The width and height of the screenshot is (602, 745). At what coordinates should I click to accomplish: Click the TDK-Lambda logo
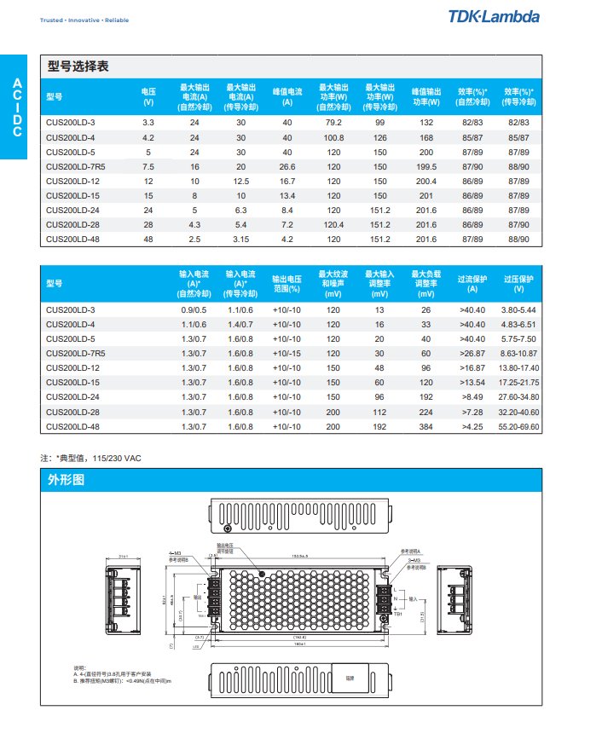tap(494, 16)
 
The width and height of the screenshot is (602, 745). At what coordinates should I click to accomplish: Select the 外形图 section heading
tap(66, 480)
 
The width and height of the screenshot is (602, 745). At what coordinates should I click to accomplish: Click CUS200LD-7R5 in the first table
tap(75, 166)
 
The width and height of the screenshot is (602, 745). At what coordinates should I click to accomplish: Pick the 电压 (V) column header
tap(148, 95)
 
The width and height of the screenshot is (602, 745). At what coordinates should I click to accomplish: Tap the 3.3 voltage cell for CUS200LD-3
tap(148, 123)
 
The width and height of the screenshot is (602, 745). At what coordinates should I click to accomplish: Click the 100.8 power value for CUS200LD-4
tap(333, 137)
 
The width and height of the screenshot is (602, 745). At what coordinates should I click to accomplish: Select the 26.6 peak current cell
tap(287, 166)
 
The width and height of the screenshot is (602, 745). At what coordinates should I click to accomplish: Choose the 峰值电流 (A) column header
tap(287, 95)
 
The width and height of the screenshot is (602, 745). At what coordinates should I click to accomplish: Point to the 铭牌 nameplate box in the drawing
tap(350, 679)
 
